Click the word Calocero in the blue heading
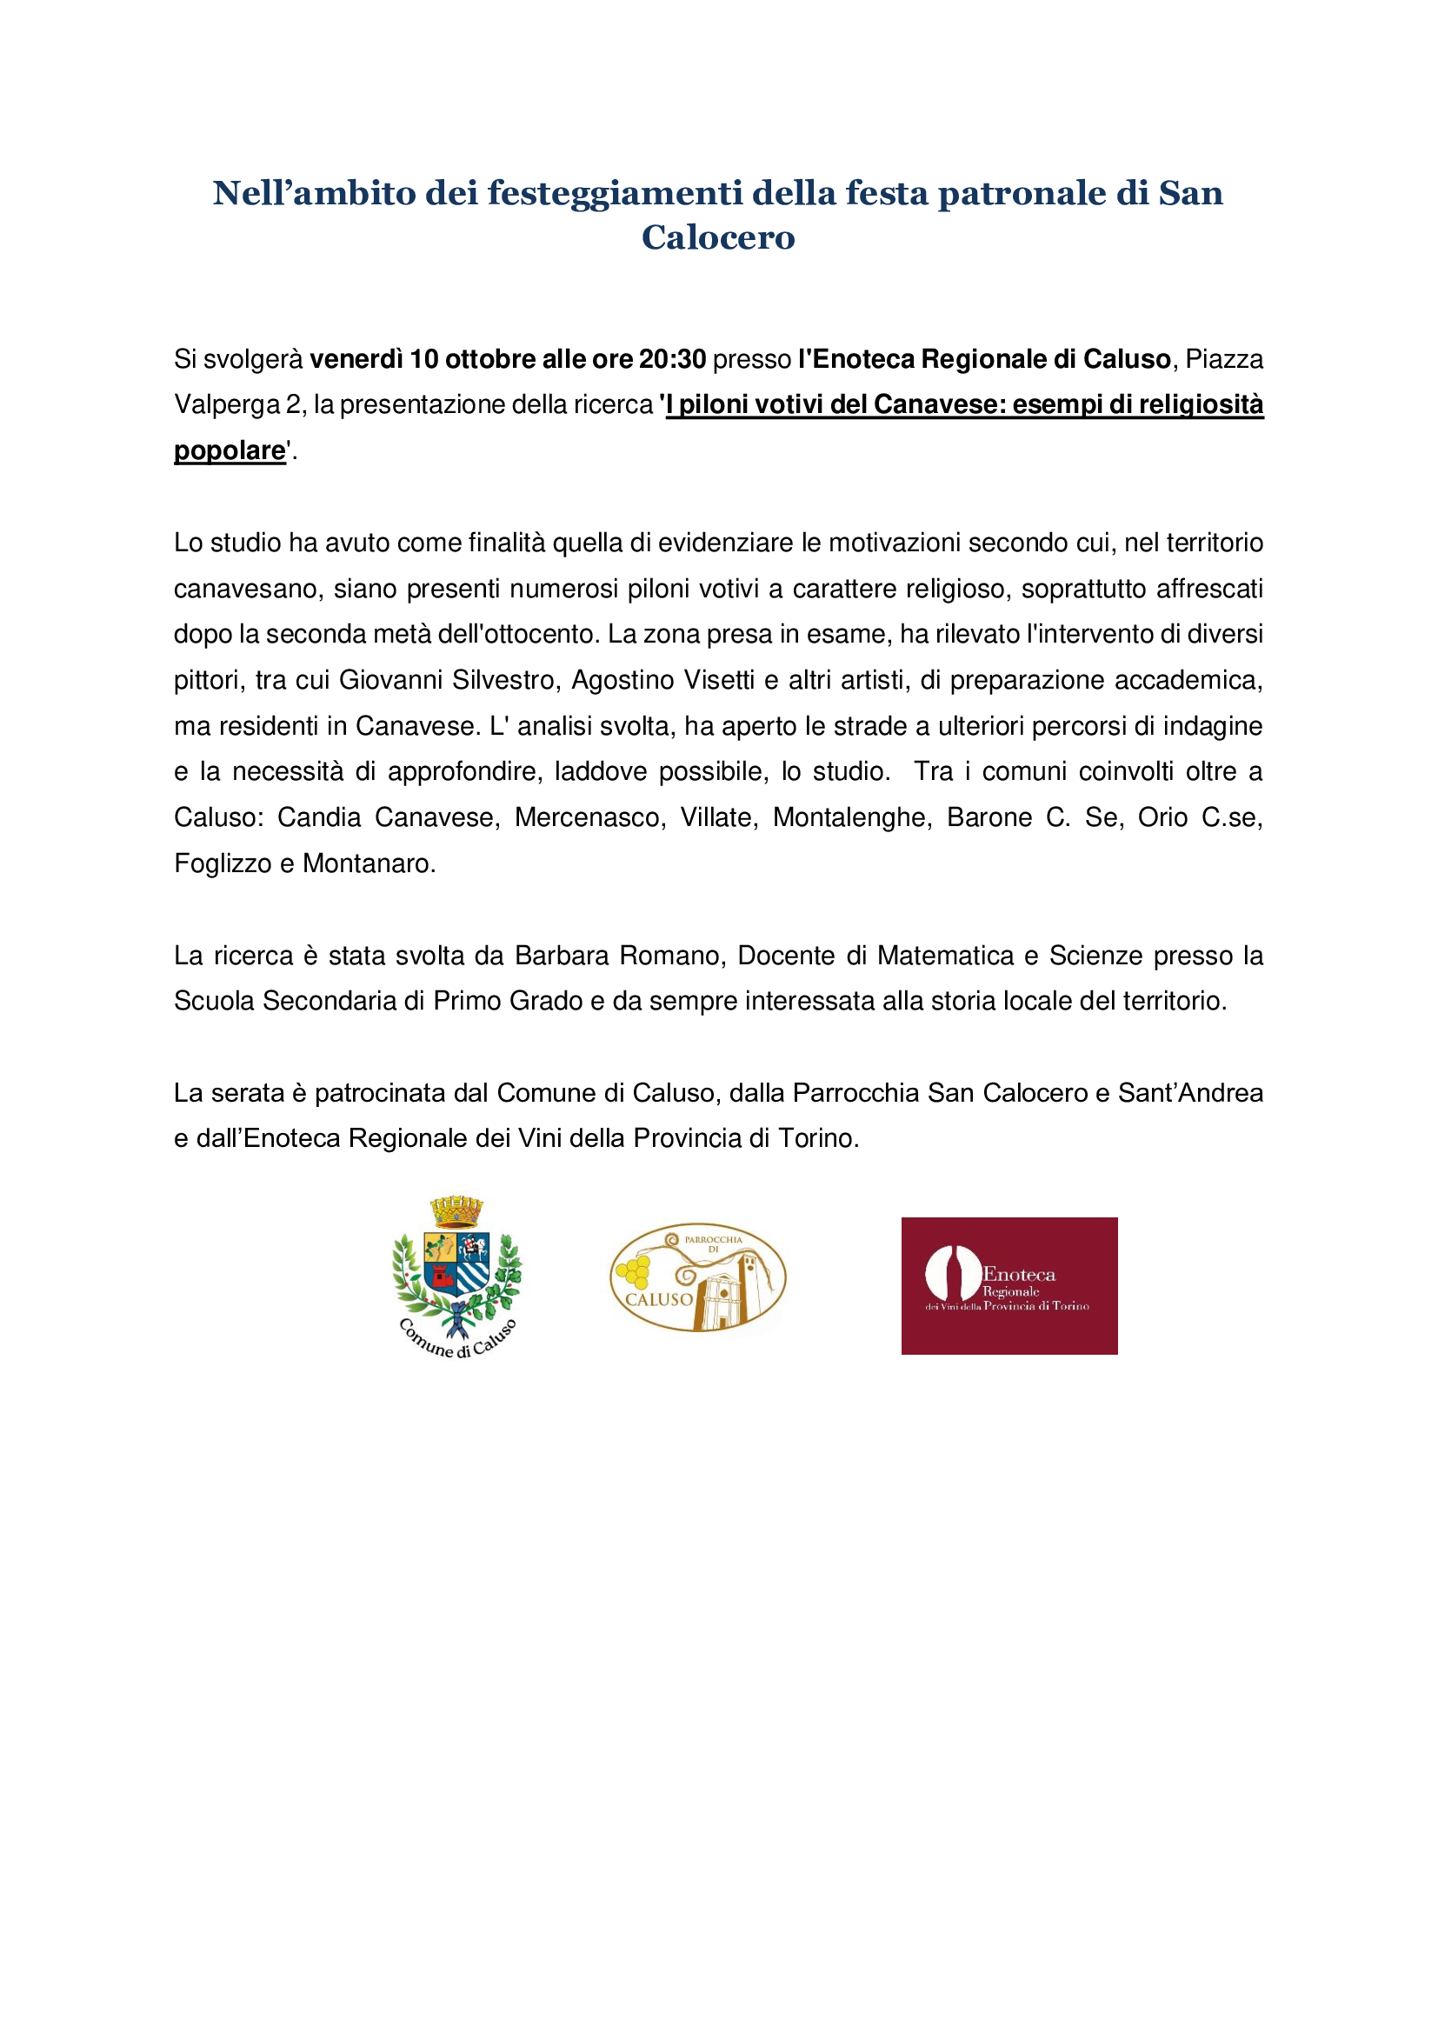click(718, 237)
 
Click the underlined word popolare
click(230, 450)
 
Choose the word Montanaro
click(369, 863)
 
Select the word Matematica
click(945, 956)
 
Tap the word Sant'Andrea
click(1190, 1093)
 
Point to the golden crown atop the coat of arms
click(457, 1210)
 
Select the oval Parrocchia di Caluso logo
click(698, 1277)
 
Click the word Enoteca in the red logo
click(1019, 1274)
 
